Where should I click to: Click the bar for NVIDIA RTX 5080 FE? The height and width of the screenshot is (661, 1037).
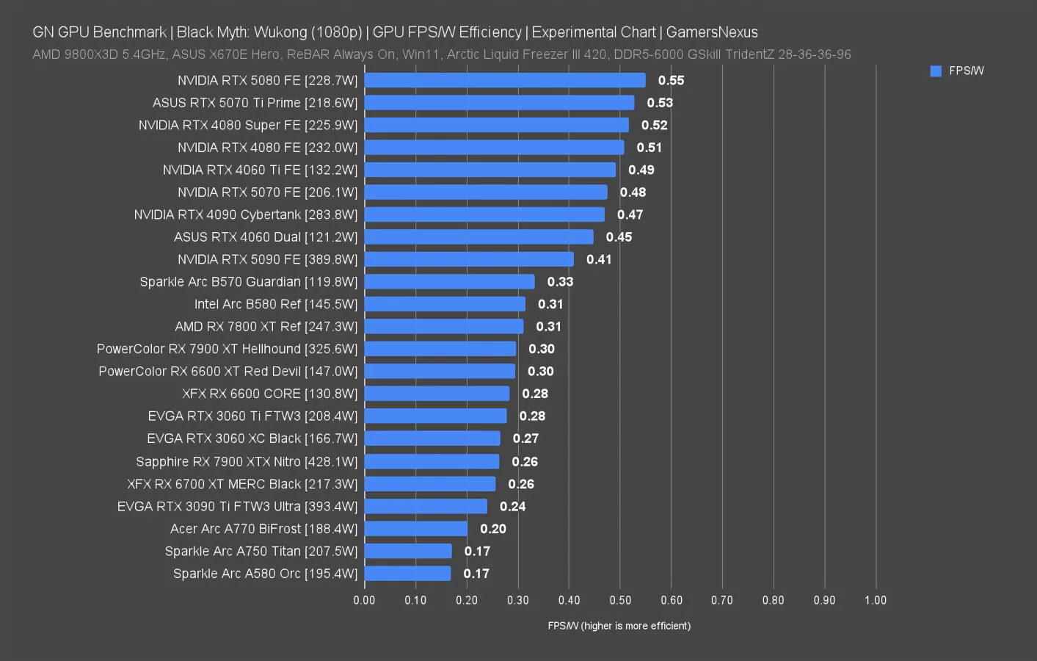[x=505, y=81]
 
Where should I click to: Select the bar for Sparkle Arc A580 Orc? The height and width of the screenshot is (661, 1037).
[x=408, y=574]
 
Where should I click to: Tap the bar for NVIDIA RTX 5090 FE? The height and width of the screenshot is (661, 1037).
[x=469, y=259]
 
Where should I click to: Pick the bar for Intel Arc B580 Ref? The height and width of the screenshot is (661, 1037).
[x=445, y=304]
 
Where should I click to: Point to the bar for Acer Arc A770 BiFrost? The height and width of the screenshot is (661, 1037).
[x=416, y=529]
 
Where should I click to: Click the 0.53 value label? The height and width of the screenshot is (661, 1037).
[x=660, y=103]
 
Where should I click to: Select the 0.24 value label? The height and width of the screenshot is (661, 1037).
[x=513, y=506]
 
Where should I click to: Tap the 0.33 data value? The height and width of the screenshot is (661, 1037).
[x=560, y=282]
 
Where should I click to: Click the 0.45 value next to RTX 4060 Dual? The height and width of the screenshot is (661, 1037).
[x=619, y=237]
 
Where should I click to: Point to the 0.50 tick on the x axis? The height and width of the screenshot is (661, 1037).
[x=620, y=600]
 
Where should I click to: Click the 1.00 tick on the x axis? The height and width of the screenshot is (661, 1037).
[x=876, y=600]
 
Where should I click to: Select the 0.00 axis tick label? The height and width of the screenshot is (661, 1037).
[x=365, y=600]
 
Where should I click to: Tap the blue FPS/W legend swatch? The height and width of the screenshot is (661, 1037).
[x=936, y=71]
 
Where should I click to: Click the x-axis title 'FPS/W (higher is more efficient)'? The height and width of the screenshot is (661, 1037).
[x=619, y=626]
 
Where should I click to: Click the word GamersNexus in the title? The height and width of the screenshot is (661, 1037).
[x=712, y=32]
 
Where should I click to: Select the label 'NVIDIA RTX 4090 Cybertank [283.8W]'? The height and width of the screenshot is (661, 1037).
[x=246, y=214]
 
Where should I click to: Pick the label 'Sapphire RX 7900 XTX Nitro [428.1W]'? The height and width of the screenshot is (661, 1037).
[x=247, y=461]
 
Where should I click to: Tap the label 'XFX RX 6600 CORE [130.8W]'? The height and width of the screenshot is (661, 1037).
[x=270, y=394]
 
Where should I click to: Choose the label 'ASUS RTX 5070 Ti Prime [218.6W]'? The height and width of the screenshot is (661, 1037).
[x=255, y=103]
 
